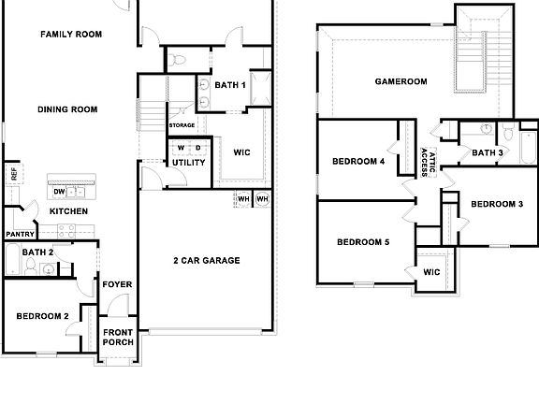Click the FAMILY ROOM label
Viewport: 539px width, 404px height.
point(71,35)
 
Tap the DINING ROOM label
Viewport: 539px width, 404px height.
point(67,109)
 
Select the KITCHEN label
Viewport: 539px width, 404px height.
point(68,211)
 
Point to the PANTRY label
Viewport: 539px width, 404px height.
point(20,234)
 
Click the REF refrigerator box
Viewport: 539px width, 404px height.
point(13,173)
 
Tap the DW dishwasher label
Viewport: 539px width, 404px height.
point(58,192)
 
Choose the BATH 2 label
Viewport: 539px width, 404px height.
point(36,252)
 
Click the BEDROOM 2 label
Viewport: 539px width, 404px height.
point(42,316)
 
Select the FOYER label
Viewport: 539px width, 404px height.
point(116,284)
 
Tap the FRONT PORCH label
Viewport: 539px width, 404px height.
point(118,338)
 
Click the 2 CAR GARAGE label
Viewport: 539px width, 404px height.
point(206,260)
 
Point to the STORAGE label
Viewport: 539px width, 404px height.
point(182,125)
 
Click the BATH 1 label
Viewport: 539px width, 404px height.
point(230,85)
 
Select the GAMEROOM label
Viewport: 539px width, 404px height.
point(401,81)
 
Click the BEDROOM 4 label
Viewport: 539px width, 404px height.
point(358,161)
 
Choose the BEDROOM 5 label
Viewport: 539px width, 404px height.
point(363,242)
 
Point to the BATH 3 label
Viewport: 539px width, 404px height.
point(488,152)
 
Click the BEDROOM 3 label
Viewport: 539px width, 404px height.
point(496,204)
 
